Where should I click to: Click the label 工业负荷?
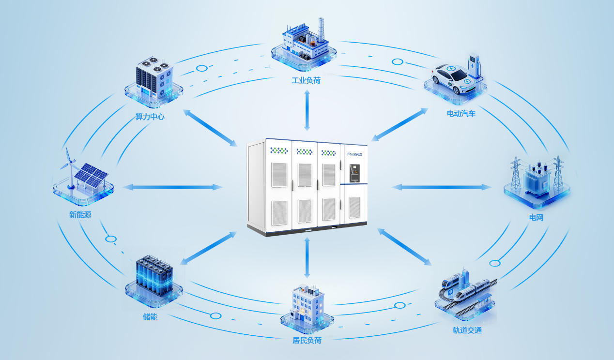pos(306,80)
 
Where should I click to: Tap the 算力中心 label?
pos(150,117)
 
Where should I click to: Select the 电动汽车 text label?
pos(461,114)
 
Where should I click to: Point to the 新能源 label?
pos(80,214)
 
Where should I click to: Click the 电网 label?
pos(536,217)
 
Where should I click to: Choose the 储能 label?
pos(150,317)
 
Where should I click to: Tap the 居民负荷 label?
pos(307,340)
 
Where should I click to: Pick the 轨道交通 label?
pos(467,330)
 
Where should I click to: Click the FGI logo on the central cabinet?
pos(354,153)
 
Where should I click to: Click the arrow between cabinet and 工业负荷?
pos(307,110)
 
